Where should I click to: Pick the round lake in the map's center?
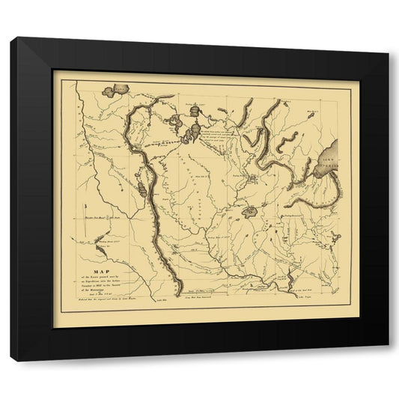[250, 213]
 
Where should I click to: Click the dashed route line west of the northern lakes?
[172, 142]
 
